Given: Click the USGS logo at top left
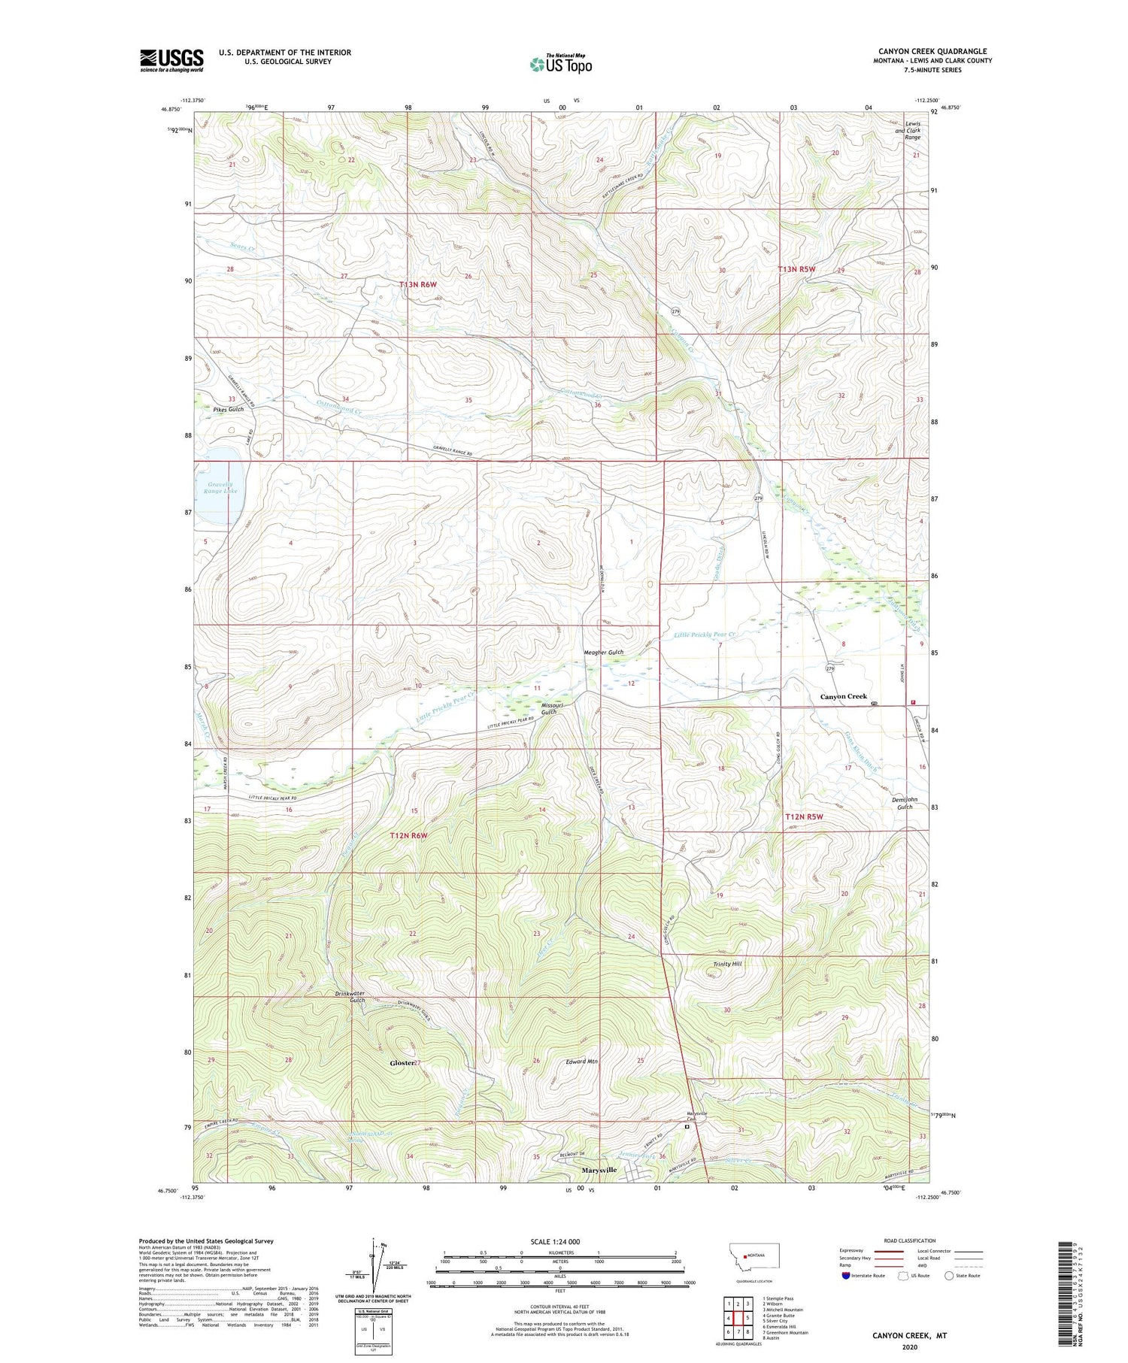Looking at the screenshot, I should coord(171,60).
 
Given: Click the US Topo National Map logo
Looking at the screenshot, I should coord(560,64).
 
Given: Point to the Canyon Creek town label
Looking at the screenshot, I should coord(843,696).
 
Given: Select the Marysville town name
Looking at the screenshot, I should coord(599,1170).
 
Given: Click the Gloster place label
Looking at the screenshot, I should coord(402,1063).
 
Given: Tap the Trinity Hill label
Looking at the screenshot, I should coord(727,963).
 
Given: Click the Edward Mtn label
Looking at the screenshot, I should coord(581,1062).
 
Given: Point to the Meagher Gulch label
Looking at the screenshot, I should coord(604,652).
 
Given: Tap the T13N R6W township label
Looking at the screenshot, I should coord(418,284).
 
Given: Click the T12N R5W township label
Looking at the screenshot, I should coord(804,816).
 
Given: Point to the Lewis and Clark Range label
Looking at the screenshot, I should coord(912,131).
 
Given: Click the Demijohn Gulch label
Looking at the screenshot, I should coord(904,803).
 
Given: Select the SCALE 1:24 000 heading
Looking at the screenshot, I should coord(559,1241).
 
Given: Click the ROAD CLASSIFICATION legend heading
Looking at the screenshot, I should coord(910,1240).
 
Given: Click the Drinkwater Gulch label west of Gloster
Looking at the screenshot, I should coord(350,997).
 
